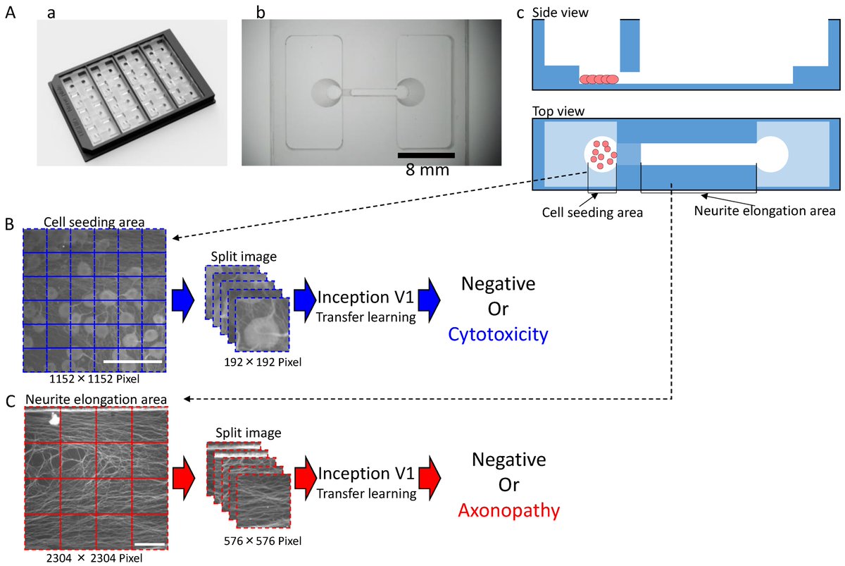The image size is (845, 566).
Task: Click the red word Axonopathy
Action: click(x=509, y=510)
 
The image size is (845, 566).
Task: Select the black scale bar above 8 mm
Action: click(x=425, y=154)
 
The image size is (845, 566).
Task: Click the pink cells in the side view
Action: click(x=599, y=79)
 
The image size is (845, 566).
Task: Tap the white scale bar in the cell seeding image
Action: click(x=132, y=362)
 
